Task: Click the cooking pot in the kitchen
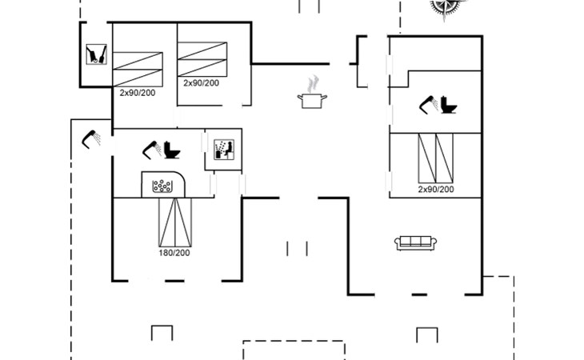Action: (x=311, y=100)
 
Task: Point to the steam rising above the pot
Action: (x=314, y=83)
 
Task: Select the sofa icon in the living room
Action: (x=414, y=242)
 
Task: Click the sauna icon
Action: (x=223, y=150)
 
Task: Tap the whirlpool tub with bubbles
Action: (x=163, y=186)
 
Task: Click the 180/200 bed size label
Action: (x=174, y=254)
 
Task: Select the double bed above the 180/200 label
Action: (x=174, y=223)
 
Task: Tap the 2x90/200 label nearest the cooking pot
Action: (x=201, y=82)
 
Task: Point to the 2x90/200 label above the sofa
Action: (x=435, y=190)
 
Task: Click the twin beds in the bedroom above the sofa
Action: (x=436, y=158)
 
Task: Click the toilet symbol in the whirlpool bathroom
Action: (x=170, y=150)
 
